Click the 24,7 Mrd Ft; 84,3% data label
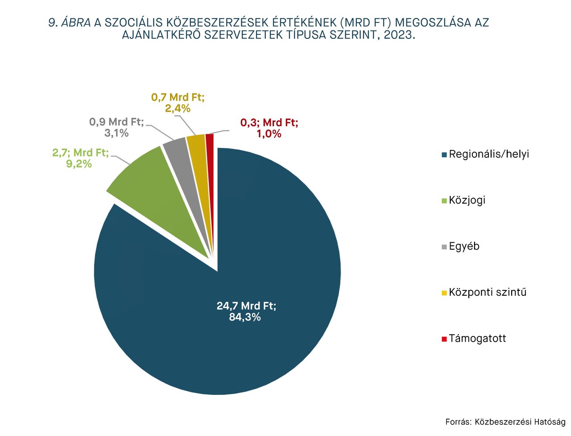(x=246, y=311)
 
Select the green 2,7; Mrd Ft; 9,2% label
(x=80, y=158)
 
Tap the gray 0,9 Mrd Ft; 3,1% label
(x=116, y=127)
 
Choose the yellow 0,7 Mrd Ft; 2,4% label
(x=178, y=102)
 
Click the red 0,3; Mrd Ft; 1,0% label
(x=269, y=128)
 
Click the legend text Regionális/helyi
(x=488, y=154)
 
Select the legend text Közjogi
(x=467, y=200)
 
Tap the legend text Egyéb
(x=464, y=246)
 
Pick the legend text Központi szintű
(x=488, y=292)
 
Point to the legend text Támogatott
(x=477, y=338)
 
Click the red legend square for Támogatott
(x=444, y=339)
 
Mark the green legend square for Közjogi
(x=444, y=201)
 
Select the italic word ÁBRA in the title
(x=76, y=23)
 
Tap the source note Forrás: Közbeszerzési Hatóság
(x=505, y=422)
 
